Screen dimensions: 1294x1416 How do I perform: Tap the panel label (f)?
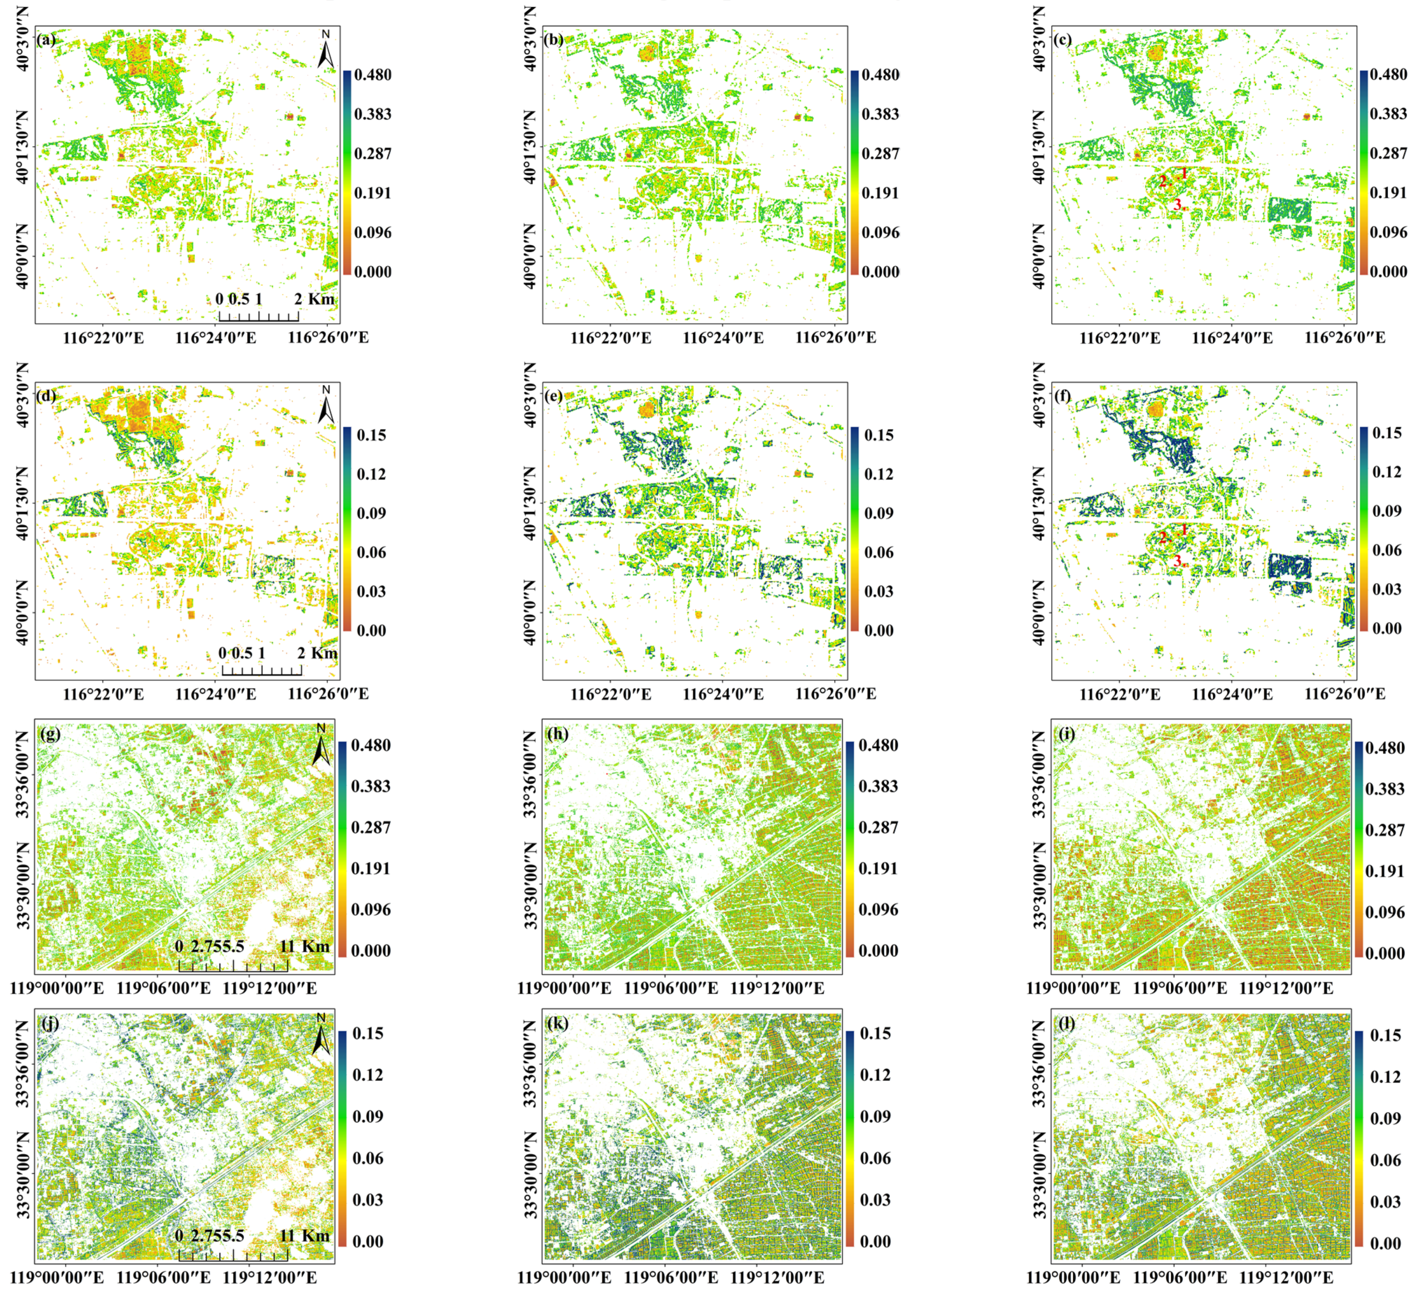(x=1063, y=395)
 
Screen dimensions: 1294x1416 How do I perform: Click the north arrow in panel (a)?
(x=325, y=49)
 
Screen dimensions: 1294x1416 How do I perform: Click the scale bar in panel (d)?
(x=261, y=668)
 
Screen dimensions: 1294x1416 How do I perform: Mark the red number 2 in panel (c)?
(x=1163, y=181)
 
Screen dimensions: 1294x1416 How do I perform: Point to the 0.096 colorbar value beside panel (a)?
(x=372, y=232)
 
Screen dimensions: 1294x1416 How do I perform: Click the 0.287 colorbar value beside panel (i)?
(x=1385, y=829)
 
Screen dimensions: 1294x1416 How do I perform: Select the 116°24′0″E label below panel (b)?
(x=723, y=337)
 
